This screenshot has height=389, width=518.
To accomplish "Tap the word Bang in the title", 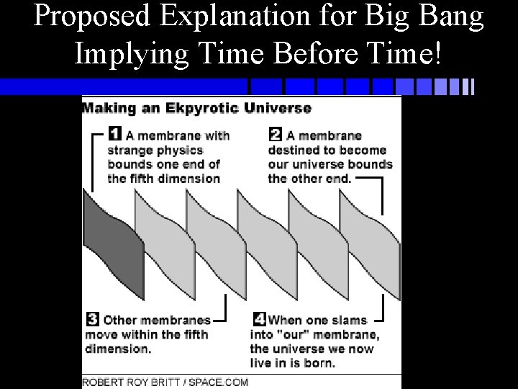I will [452, 17].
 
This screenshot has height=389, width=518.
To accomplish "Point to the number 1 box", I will [115, 134].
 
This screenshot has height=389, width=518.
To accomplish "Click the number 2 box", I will [276, 134].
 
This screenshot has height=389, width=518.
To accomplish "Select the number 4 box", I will [260, 319].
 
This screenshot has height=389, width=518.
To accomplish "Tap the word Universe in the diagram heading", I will [283, 109].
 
